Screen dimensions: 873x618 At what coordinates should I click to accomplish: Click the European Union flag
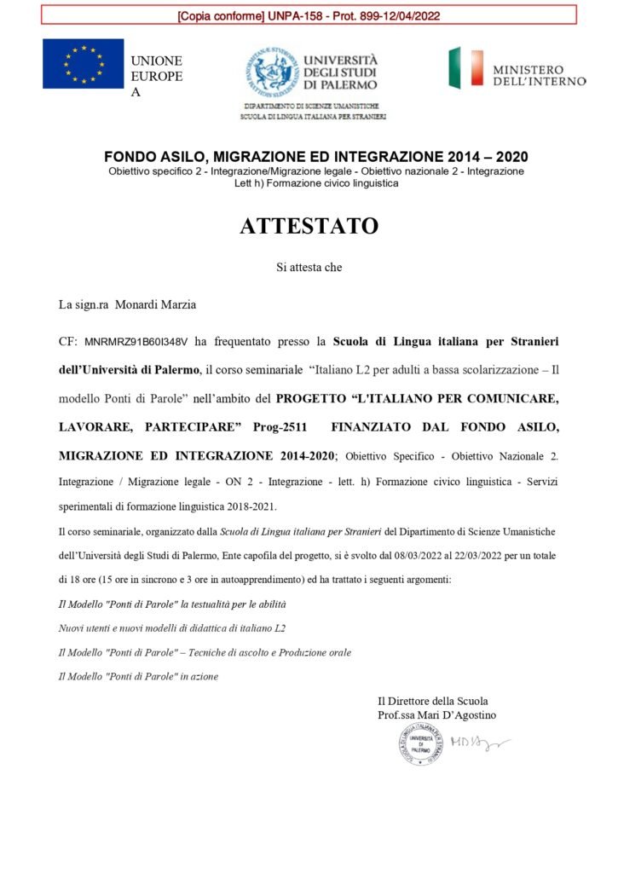pyautogui.click(x=84, y=64)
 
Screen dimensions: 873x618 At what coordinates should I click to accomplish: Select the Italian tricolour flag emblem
pyautogui.click(x=466, y=68)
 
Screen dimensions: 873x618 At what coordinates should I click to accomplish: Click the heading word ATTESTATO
pyautogui.click(x=309, y=227)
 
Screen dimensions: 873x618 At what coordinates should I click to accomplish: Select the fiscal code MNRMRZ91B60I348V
pyautogui.click(x=136, y=343)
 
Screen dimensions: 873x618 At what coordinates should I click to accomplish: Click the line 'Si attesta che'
pyautogui.click(x=309, y=267)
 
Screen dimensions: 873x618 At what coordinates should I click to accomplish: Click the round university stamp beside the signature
pyautogui.click(x=421, y=743)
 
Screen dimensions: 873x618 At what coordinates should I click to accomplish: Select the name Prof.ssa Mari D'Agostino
pyautogui.click(x=436, y=715)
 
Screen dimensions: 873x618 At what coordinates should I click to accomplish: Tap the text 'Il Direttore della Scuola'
pyautogui.click(x=433, y=701)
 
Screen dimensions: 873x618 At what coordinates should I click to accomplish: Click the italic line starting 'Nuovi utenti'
pyautogui.click(x=171, y=627)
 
